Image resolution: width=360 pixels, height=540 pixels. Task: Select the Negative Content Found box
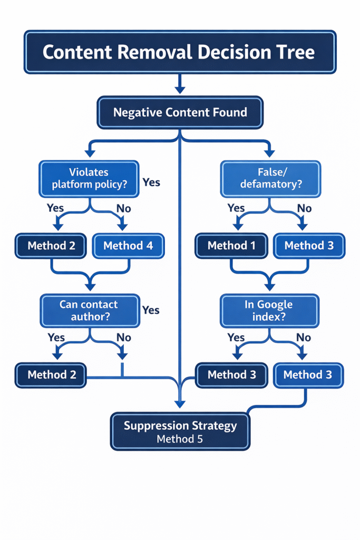pyautogui.click(x=180, y=112)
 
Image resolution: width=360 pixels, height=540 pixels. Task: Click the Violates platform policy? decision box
pyautogui.click(x=89, y=178)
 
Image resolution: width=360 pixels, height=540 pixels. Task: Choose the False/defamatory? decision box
pyautogui.click(x=270, y=178)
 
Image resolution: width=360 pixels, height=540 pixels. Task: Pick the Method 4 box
pyautogui.click(x=128, y=246)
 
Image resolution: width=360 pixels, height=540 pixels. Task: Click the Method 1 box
pyautogui.click(x=227, y=246)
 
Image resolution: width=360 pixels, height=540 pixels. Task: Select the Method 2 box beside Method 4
pyautogui.click(x=52, y=246)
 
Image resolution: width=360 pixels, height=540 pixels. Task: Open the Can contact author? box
pyautogui.click(x=89, y=311)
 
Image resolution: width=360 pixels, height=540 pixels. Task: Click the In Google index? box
pyautogui.click(x=269, y=311)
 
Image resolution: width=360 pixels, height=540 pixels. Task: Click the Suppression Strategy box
pyautogui.click(x=180, y=431)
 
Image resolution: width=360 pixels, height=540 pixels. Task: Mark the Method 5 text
pyautogui.click(x=180, y=439)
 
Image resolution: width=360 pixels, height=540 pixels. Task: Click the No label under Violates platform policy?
pyautogui.click(x=124, y=208)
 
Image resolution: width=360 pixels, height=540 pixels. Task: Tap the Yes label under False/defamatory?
pyautogui.click(x=236, y=208)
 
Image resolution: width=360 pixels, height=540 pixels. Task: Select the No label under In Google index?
pyautogui.click(x=304, y=337)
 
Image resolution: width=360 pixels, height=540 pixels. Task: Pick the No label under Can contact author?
pyautogui.click(x=124, y=337)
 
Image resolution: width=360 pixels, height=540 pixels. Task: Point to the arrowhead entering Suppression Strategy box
pyautogui.click(x=180, y=404)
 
